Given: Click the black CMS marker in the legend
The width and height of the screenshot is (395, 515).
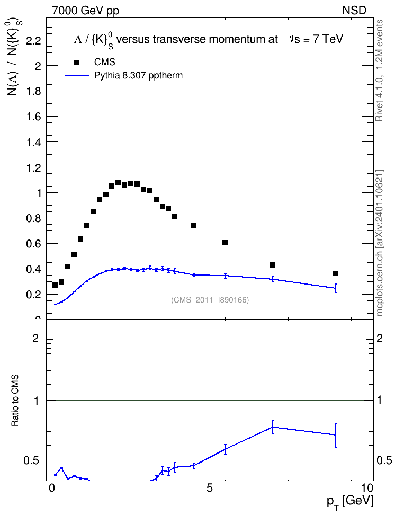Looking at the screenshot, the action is pyautogui.click(x=77, y=63).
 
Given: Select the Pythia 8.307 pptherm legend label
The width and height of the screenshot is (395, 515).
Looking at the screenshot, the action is pyautogui.click(x=138, y=76).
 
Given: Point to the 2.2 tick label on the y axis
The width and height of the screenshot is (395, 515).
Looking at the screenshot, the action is pyautogui.click(x=33, y=41).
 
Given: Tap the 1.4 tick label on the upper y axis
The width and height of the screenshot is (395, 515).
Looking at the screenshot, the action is pyautogui.click(x=33, y=142).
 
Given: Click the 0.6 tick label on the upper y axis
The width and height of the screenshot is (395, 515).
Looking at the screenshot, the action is pyautogui.click(x=33, y=244).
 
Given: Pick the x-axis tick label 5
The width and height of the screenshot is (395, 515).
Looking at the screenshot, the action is pyautogui.click(x=210, y=488).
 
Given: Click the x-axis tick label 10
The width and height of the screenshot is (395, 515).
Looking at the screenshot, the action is pyautogui.click(x=367, y=488).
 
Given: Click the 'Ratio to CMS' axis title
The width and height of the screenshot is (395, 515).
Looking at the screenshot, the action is pyautogui.click(x=15, y=401).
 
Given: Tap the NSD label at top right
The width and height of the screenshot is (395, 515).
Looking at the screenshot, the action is pyautogui.click(x=354, y=11).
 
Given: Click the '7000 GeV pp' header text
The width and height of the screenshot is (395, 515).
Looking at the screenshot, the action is pyautogui.click(x=86, y=11).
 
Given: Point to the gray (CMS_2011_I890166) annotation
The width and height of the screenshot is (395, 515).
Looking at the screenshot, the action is pyautogui.click(x=210, y=300).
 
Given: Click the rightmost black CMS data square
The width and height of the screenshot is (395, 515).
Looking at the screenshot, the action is pyautogui.click(x=336, y=273).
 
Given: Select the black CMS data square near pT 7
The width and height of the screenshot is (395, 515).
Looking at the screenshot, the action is pyautogui.click(x=273, y=265).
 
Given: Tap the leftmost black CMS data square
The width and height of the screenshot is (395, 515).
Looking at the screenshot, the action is pyautogui.click(x=55, y=285).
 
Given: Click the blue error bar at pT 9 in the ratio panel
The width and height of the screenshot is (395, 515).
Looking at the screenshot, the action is pyautogui.click(x=336, y=436).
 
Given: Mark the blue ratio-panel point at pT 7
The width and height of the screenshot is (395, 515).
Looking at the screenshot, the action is pyautogui.click(x=273, y=427).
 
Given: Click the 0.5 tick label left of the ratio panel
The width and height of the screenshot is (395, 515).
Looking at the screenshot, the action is pyautogui.click(x=31, y=461).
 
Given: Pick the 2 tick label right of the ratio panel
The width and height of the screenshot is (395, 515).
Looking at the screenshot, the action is pyautogui.click(x=380, y=338).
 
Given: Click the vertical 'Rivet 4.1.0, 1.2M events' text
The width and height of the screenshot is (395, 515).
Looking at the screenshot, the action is pyautogui.click(x=380, y=70).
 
